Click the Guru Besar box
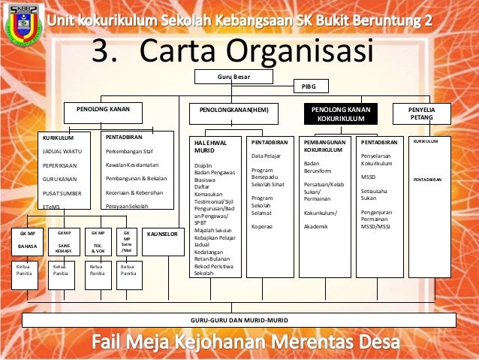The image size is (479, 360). tap(233, 77)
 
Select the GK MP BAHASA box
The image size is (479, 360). tap(27, 240)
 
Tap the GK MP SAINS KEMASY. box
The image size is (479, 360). tap(64, 240)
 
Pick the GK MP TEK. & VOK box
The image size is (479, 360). tap(98, 240)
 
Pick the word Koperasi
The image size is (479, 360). tap(262, 225)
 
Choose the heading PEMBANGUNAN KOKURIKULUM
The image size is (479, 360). tap(324, 145)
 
